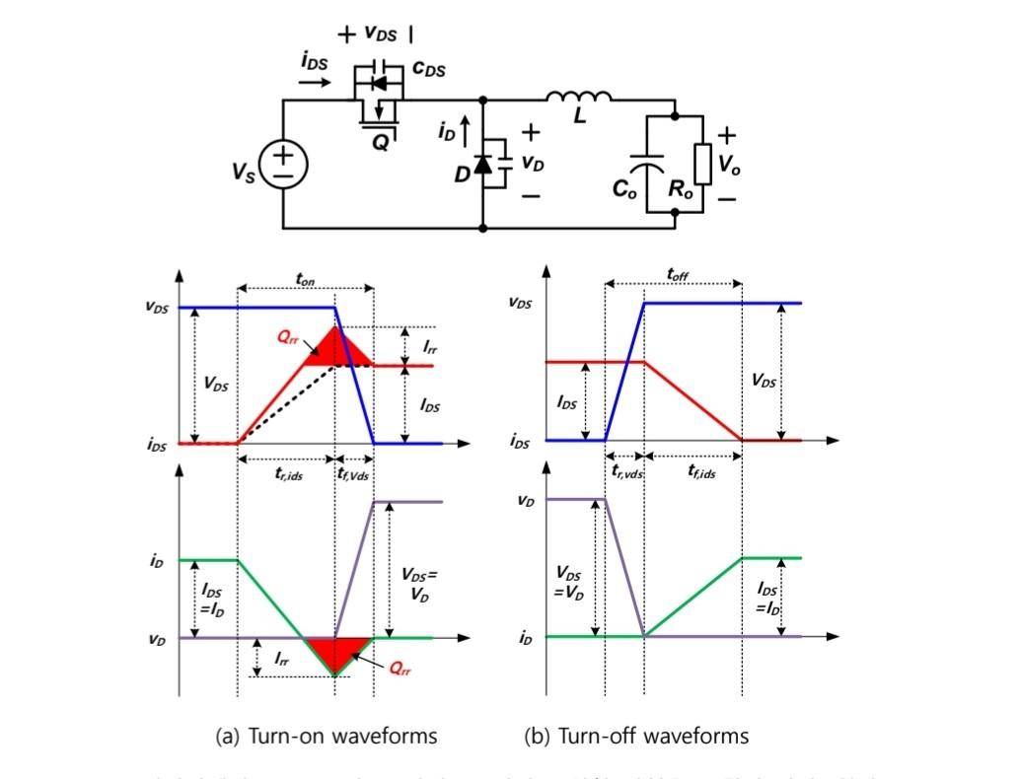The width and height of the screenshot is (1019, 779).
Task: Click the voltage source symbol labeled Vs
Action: pos(283,164)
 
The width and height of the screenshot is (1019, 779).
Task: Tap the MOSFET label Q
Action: pos(380,142)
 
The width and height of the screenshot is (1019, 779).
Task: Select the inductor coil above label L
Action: pos(578,97)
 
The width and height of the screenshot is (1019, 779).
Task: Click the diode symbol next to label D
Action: pos(482,164)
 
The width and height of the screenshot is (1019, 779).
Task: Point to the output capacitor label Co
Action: pos(624,188)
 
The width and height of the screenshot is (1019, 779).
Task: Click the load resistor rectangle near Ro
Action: pos(701,164)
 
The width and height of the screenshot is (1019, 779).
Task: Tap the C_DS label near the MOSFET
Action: pos(428,69)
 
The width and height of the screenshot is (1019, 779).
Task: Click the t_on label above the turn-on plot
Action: pos(306,279)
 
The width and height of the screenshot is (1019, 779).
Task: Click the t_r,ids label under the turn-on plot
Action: pos(287,474)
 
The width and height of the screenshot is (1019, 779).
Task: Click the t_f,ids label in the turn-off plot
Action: pos(701,472)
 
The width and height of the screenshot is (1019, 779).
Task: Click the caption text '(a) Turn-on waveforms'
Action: pos(326,736)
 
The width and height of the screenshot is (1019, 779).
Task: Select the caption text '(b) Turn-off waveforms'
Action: pos(636,736)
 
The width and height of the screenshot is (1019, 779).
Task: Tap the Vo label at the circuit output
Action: pos(728,165)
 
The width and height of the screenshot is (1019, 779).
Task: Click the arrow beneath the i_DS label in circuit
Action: pos(315,83)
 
